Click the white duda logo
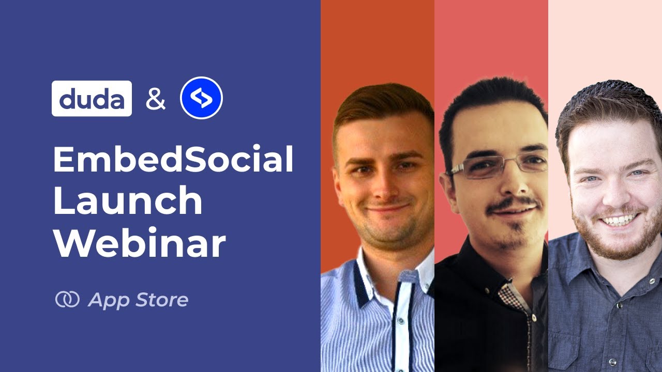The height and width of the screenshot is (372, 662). [92, 99]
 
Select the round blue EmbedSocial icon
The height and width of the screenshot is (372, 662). [201, 98]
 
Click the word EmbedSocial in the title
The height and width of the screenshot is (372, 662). [173, 160]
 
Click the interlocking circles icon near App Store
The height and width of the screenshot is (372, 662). [67, 299]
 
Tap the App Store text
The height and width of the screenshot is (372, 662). [138, 300]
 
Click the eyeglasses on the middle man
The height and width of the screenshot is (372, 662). [496, 167]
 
